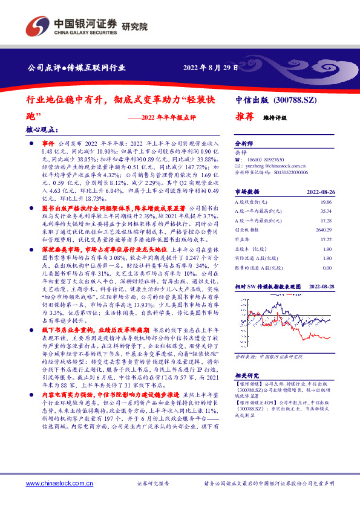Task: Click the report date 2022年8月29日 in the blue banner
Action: point(211,68)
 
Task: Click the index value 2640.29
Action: point(324,230)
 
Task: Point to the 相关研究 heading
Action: point(246,374)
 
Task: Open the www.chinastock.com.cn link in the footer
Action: point(59,484)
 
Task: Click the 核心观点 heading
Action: point(43,129)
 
